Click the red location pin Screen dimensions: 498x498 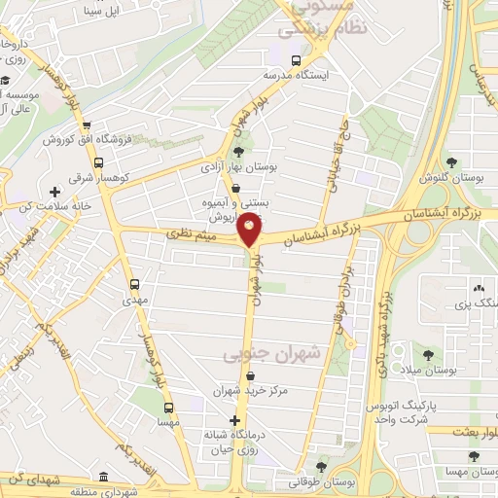(x=251, y=230)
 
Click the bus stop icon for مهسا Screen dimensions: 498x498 (x=168, y=409)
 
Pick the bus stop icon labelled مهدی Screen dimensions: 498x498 (x=134, y=285)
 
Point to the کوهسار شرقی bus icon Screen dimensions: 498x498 (x=98, y=162)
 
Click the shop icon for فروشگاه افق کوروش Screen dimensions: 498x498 (x=88, y=127)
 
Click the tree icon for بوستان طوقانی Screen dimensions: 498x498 (x=321, y=467)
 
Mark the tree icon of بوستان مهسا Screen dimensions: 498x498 (x=474, y=456)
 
